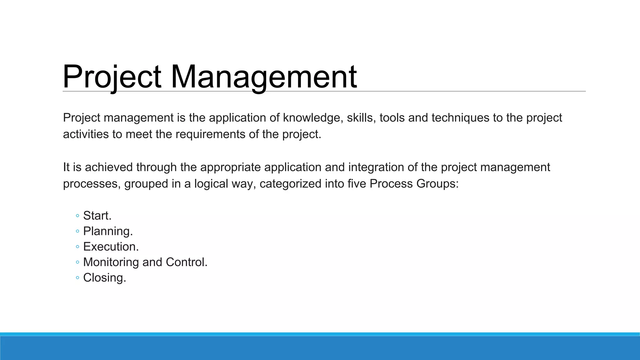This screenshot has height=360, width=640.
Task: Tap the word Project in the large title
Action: pyautogui.click(x=112, y=77)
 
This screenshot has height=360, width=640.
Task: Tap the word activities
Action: pyautogui.click(x=86, y=134)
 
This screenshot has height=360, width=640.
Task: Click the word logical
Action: pyautogui.click(x=211, y=184)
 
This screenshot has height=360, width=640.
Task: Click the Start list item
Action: pyautogui.click(x=97, y=216)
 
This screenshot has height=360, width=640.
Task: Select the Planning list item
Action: pyautogui.click(x=108, y=231)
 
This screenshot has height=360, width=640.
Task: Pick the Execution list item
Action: pyautogui.click(x=111, y=247)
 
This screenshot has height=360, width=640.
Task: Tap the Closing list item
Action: pyautogui.click(x=104, y=278)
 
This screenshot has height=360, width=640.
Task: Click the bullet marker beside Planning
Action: pyautogui.click(x=77, y=231)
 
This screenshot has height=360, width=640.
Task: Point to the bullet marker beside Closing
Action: pyautogui.click(x=77, y=278)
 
